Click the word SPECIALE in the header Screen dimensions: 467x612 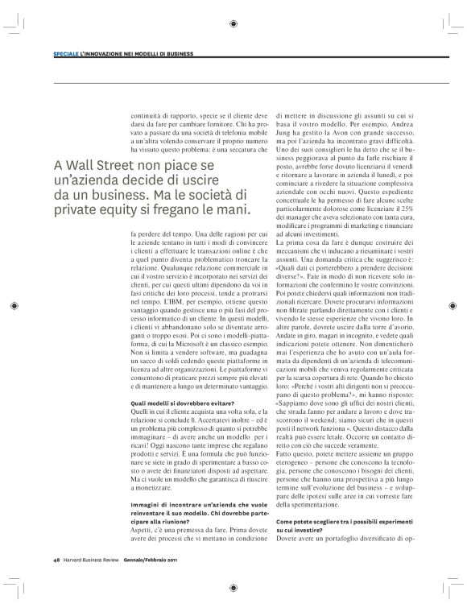[65, 55]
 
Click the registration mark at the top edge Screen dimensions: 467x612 [233, 24]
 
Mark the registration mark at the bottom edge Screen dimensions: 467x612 [233, 587]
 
